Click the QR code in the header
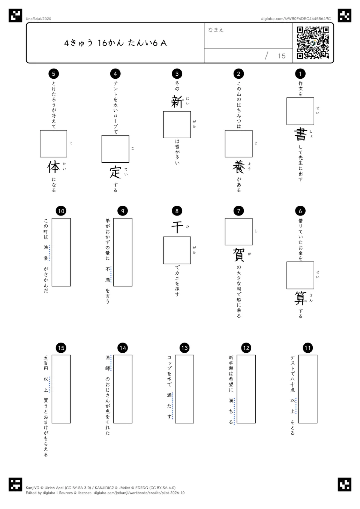313,43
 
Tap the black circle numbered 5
54,73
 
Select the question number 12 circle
246,348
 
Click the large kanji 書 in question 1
300,134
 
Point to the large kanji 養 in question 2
238,167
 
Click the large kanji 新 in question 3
177,102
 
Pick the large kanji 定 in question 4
115,172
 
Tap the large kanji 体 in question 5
54,167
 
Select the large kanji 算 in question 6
300,298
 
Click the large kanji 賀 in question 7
238,254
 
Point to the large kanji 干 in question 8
177,227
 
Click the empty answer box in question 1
300,111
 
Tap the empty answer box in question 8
177,250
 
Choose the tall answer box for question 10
61,252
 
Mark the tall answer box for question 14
123,389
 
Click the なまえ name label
216,30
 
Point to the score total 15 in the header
282,56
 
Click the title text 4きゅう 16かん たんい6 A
115,43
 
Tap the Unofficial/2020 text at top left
38,19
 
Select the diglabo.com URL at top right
296,19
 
